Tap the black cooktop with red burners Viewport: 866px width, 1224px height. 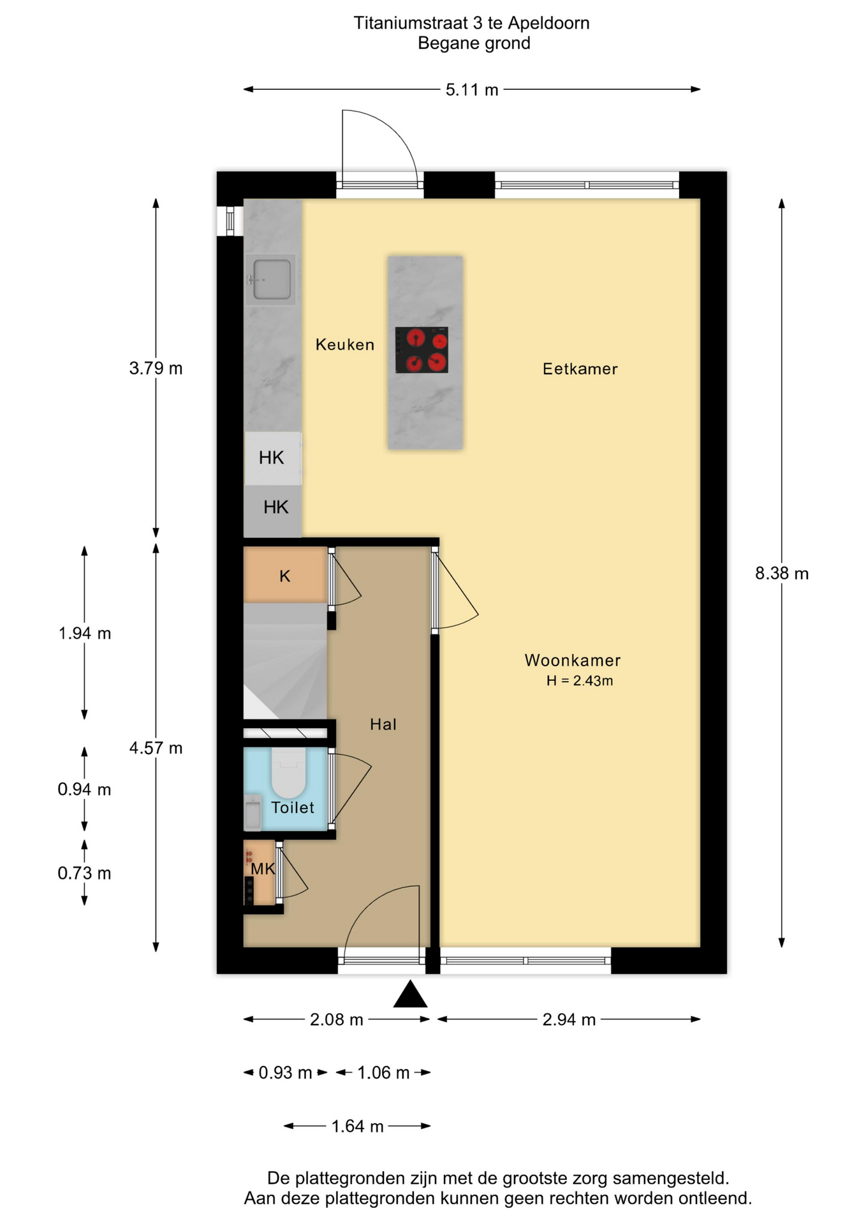pyautogui.click(x=422, y=350)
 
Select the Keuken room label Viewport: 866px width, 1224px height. pyautogui.click(x=345, y=345)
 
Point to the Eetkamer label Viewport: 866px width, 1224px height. pyautogui.click(x=580, y=368)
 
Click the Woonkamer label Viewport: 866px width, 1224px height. pyautogui.click(x=573, y=660)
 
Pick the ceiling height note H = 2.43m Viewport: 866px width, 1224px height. pyautogui.click(x=580, y=681)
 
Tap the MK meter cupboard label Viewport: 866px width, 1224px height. pyautogui.click(x=263, y=868)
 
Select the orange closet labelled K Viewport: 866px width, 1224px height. pyautogui.click(x=285, y=575)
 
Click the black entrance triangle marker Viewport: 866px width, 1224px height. pyautogui.click(x=410, y=994)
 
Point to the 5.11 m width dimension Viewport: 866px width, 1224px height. pyautogui.click(x=472, y=90)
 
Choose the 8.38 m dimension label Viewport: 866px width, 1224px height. pyautogui.click(x=782, y=574)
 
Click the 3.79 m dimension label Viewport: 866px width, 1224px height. pyautogui.click(x=156, y=368)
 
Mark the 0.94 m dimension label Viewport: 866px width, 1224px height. pyautogui.click(x=84, y=790)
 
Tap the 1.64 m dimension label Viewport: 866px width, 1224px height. pyautogui.click(x=357, y=1126)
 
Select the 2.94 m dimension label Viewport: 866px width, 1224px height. pyautogui.click(x=569, y=1020)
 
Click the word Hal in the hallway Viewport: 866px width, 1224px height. pyautogui.click(x=383, y=724)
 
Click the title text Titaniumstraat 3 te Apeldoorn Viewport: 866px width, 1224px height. pyautogui.click(x=472, y=24)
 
